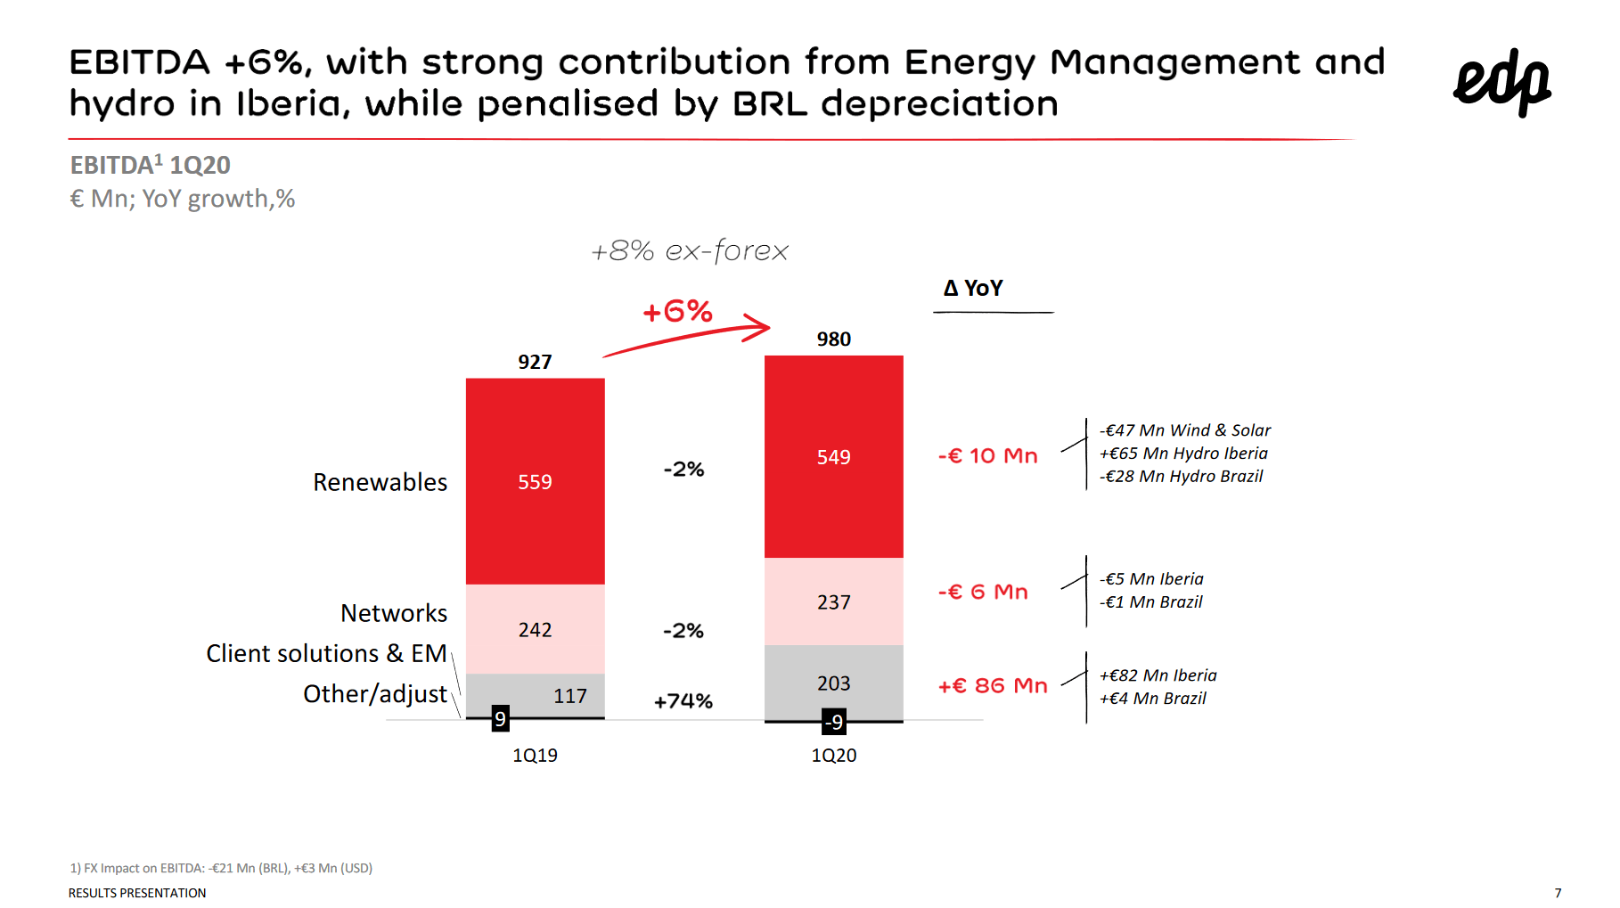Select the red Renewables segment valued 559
pyautogui.click(x=535, y=481)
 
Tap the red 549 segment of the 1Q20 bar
pyautogui.click(x=833, y=457)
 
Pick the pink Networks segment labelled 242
pyautogui.click(x=535, y=629)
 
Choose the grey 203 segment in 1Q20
pyautogui.click(x=833, y=683)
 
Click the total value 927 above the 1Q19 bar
pyautogui.click(x=535, y=362)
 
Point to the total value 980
pyautogui.click(x=833, y=339)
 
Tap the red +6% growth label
pyautogui.click(x=677, y=312)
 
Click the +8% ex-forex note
pyautogui.click(x=690, y=251)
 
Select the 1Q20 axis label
pyautogui.click(x=833, y=756)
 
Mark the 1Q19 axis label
pyautogui.click(x=535, y=756)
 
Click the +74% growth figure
pyautogui.click(x=683, y=701)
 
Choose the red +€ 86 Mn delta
pyautogui.click(x=993, y=685)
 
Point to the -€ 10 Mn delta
pyautogui.click(x=987, y=456)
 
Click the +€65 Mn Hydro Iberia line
pyautogui.click(x=1182, y=454)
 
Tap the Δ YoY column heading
pyautogui.click(x=973, y=289)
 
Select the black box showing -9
pyautogui.click(x=833, y=722)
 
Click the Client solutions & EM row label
pyautogui.click(x=326, y=653)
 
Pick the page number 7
pyautogui.click(x=1558, y=893)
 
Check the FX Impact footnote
pyautogui.click(x=221, y=868)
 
